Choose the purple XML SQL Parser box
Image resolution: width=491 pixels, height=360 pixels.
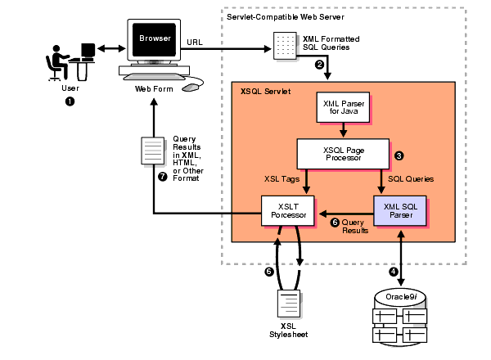(x=401, y=209)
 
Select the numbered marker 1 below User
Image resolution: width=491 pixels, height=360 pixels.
(x=70, y=101)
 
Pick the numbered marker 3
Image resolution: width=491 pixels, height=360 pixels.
(x=399, y=155)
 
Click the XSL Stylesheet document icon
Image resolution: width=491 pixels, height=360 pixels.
(x=288, y=304)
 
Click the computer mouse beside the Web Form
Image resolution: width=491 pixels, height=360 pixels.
(x=191, y=86)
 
